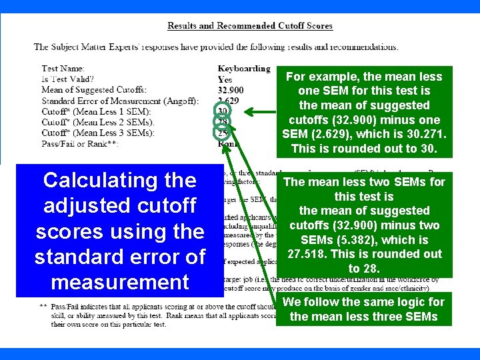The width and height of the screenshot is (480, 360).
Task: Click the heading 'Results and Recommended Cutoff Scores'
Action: click(250, 26)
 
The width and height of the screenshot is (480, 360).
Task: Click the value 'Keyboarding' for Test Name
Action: click(244, 69)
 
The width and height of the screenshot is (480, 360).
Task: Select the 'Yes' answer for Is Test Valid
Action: click(225, 79)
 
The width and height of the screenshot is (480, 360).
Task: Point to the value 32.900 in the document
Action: click(231, 90)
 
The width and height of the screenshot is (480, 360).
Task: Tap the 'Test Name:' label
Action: click(63, 69)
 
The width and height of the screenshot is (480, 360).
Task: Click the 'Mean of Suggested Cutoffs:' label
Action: click(94, 90)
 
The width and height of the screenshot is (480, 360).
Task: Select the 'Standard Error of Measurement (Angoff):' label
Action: click(120, 101)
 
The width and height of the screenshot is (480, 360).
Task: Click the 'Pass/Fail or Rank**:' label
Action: click(80, 143)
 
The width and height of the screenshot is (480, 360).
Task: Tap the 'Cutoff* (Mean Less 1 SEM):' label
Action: click(96, 111)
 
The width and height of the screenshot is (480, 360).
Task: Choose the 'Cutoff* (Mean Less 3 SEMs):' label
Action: click(97, 133)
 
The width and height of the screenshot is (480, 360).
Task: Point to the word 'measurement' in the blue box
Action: click(119, 282)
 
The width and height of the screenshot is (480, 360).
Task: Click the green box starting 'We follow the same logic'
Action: click(363, 309)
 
